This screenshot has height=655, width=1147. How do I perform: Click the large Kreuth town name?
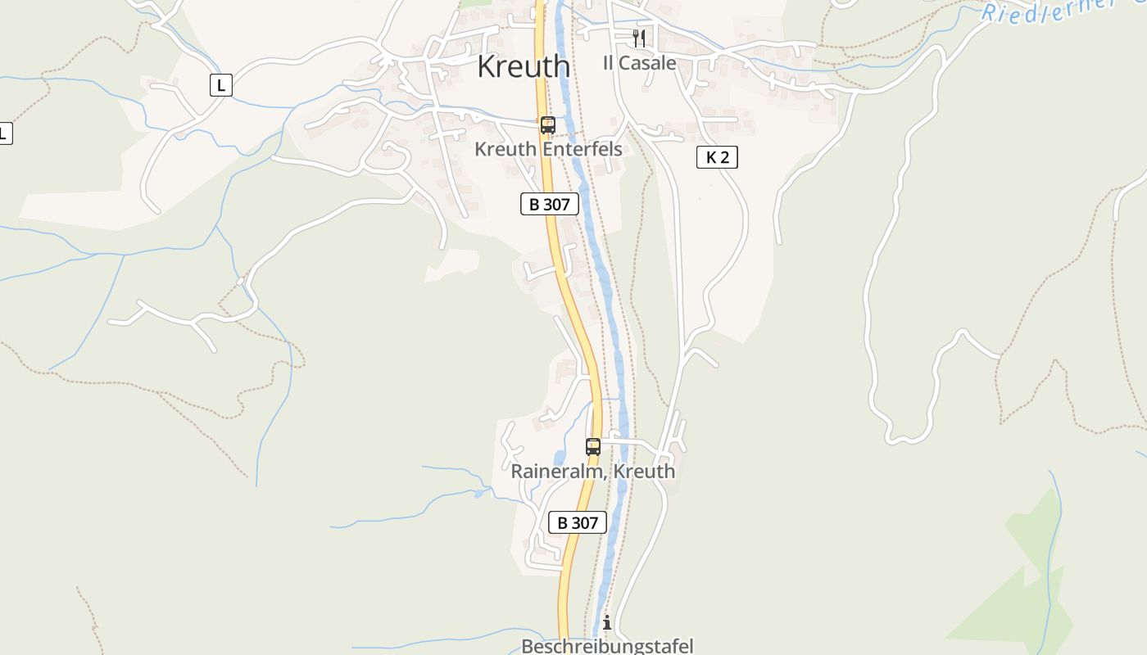(x=523, y=66)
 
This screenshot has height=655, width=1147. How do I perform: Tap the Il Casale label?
(x=639, y=63)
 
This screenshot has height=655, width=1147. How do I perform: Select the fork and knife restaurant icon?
(x=639, y=38)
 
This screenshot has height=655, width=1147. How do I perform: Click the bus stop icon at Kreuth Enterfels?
(x=548, y=125)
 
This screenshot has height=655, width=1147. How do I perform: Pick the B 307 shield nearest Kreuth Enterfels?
(x=549, y=204)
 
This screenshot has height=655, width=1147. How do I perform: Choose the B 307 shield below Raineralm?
(x=577, y=522)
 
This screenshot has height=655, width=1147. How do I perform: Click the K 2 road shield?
(x=717, y=157)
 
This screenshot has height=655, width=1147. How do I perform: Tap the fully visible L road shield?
(x=220, y=84)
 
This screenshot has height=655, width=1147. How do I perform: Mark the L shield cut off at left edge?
(x=4, y=133)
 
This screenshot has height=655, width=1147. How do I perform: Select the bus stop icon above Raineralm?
(x=593, y=447)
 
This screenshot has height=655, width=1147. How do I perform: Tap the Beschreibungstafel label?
(x=607, y=646)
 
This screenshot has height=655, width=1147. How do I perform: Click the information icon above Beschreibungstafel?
(x=607, y=623)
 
